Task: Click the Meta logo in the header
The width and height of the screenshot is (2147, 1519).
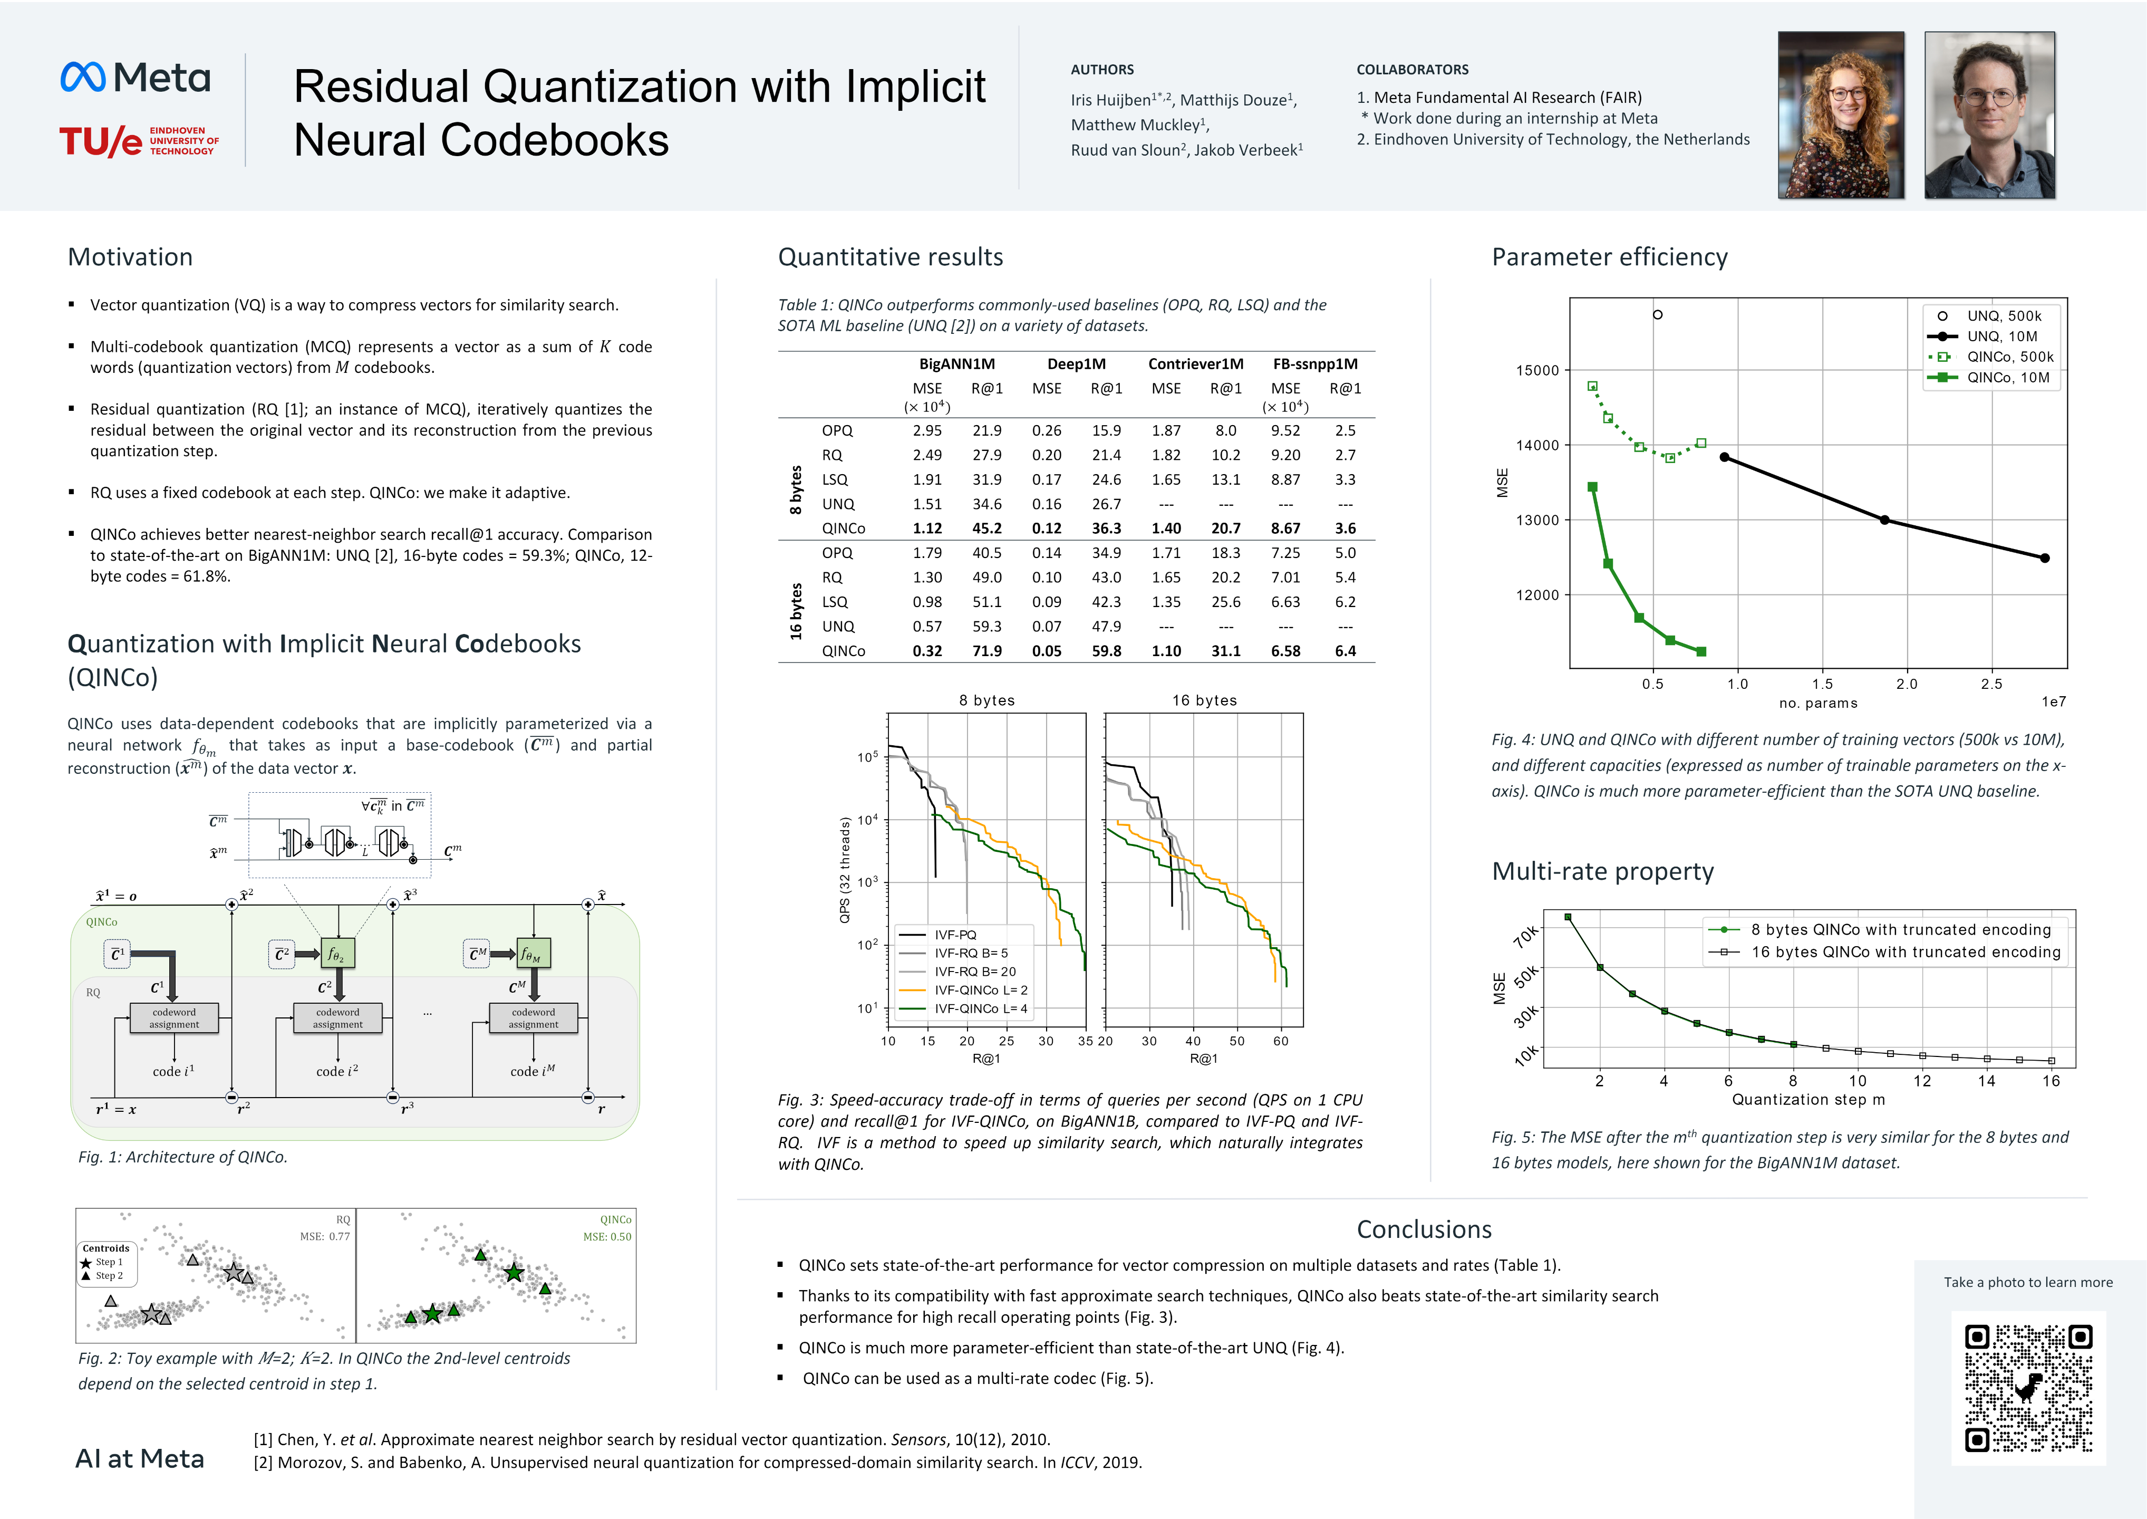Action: [x=136, y=78]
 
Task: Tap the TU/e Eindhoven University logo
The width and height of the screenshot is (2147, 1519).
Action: [x=138, y=140]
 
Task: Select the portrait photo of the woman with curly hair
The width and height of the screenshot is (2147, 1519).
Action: [x=1840, y=115]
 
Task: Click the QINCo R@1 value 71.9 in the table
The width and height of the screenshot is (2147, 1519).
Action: [x=987, y=651]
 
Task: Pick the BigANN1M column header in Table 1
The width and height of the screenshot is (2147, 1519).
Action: [x=956, y=364]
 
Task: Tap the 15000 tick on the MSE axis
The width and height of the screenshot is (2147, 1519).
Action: [x=1537, y=370]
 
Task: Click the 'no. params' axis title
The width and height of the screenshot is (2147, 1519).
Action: [x=1818, y=704]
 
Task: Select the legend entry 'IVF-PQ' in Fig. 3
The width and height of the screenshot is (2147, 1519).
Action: [x=955, y=935]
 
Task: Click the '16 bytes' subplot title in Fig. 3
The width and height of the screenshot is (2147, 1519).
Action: [x=1204, y=700]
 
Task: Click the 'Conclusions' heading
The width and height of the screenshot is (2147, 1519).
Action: [x=1423, y=1229]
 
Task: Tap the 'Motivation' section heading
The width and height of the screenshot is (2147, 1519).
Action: [x=130, y=257]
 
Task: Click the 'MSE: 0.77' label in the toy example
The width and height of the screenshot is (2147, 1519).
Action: [x=324, y=1236]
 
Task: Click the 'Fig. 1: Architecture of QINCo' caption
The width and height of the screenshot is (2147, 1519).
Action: [x=182, y=1157]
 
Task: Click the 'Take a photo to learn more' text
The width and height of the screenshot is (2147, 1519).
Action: [x=2027, y=1282]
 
